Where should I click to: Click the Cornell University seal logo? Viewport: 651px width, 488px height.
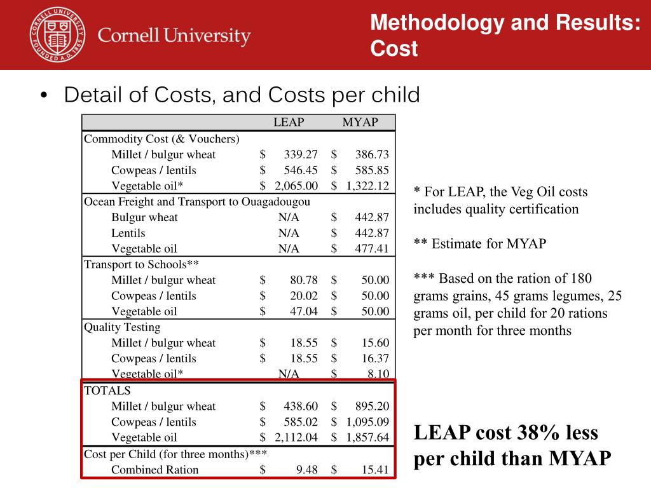(58, 35)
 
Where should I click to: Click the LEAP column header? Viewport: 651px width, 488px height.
(289, 122)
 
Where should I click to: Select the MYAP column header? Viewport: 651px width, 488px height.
(360, 122)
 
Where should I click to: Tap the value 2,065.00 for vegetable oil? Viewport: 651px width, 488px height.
(296, 186)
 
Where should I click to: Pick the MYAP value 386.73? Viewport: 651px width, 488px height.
(372, 154)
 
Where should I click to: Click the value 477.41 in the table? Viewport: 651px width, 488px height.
(372, 248)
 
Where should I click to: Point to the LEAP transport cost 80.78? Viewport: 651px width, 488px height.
(304, 280)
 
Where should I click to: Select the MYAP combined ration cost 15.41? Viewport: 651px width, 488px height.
(375, 470)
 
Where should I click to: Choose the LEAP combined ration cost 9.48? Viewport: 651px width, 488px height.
(307, 470)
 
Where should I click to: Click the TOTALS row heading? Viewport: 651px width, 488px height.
(107, 391)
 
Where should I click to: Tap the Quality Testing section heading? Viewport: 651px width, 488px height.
(122, 327)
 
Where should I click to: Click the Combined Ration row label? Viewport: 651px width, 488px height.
(155, 470)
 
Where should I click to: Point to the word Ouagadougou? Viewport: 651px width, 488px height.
(276, 202)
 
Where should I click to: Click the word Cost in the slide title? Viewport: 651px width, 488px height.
(394, 48)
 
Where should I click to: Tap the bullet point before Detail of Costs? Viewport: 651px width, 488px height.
(44, 95)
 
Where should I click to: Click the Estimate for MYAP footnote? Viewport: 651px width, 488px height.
(480, 243)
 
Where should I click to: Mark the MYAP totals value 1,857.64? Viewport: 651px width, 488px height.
(368, 437)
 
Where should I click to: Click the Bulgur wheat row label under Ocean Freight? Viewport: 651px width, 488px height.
(144, 217)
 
